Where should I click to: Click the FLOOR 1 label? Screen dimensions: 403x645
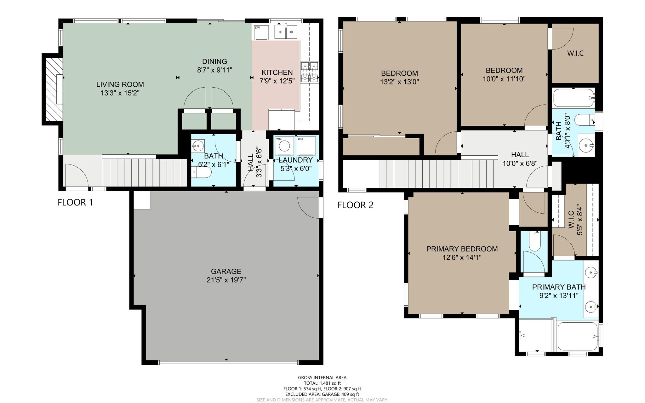click(x=75, y=202)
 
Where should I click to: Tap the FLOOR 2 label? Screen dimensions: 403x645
click(x=355, y=205)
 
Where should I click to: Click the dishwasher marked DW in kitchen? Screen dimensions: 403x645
click(x=260, y=32)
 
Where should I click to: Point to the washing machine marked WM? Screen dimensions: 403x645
click(x=285, y=146)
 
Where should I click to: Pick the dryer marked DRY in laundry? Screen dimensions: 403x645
click(x=306, y=145)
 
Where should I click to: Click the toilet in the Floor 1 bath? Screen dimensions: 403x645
click(x=202, y=172)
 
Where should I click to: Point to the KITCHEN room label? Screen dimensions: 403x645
click(x=277, y=72)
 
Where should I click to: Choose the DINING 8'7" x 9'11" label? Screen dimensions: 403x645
click(x=214, y=66)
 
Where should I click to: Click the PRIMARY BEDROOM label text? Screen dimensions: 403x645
click(x=462, y=249)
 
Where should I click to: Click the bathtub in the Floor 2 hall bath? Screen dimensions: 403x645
click(x=573, y=98)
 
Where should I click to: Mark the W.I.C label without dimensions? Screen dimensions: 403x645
click(x=575, y=53)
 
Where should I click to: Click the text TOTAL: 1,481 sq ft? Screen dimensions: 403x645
click(x=322, y=383)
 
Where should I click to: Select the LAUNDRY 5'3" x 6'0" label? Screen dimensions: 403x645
click(x=295, y=164)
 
